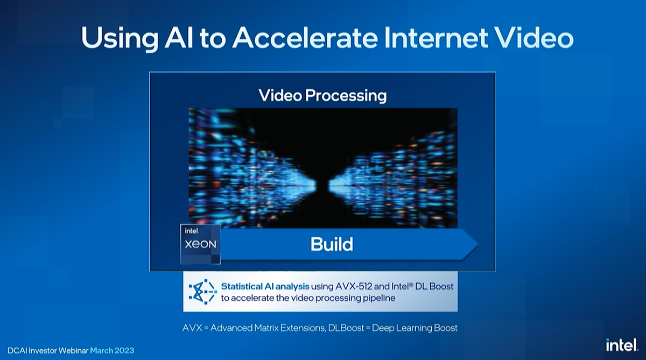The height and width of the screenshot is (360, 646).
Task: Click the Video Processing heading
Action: tap(322, 96)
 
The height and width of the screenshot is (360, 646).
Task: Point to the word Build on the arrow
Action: tap(332, 245)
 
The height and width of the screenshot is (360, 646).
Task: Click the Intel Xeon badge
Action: tap(200, 244)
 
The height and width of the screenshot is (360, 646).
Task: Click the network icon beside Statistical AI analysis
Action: tap(202, 292)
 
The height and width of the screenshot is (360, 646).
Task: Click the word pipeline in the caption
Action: tap(377, 298)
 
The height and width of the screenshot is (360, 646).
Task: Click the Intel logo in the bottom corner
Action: tap(621, 345)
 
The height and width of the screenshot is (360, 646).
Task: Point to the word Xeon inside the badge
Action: tap(200, 244)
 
